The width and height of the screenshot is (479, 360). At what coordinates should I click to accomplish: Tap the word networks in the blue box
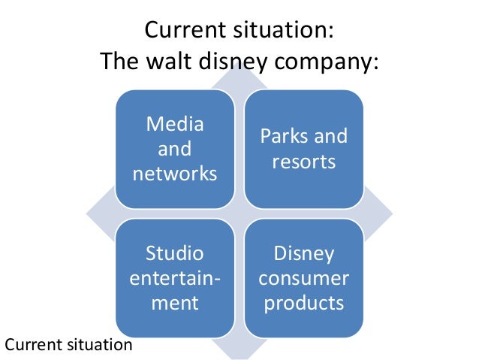[x=174, y=174]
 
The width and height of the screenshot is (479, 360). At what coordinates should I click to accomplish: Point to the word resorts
[x=303, y=162]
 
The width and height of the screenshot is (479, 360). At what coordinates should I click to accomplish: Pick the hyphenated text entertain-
[x=175, y=278]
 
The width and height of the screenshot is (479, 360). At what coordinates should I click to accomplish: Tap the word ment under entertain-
[x=174, y=303]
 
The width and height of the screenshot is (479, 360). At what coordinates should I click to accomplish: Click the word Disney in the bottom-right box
[x=303, y=253]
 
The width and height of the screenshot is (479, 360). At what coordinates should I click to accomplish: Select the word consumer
[x=303, y=278]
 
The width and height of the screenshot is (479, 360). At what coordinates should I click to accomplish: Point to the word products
[x=303, y=303]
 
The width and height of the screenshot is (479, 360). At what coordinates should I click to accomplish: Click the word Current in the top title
[x=185, y=32]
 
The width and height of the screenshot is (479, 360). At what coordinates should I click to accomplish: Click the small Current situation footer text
[x=68, y=345]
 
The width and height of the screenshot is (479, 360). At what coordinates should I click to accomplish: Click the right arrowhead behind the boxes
[x=382, y=217]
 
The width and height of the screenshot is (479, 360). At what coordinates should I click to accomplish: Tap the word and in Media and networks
[x=174, y=149]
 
